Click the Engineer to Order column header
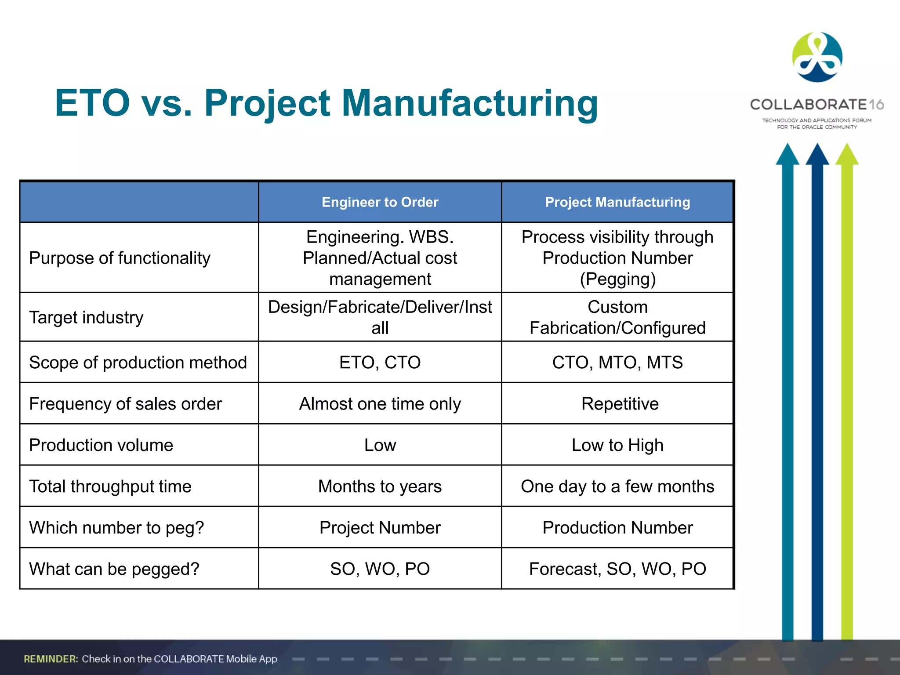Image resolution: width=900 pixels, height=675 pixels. coord(380,202)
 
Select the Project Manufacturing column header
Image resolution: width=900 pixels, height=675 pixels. coord(617,202)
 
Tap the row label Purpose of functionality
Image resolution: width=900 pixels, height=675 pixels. coord(120,258)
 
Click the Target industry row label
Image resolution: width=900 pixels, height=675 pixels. coord(86,317)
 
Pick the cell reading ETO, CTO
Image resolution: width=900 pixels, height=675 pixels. coord(380,363)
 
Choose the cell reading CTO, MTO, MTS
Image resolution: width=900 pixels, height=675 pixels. coord(617,363)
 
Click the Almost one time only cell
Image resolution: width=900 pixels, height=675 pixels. coord(380,404)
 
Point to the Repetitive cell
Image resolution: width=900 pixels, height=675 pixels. coord(620,404)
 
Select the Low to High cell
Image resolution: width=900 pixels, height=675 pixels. coord(617,445)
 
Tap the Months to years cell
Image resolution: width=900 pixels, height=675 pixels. coord(380,486)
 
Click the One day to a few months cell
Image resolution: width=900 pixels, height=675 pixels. coord(617,486)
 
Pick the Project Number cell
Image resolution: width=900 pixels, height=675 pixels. coord(380,528)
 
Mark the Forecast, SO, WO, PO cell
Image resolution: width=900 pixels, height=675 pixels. coord(617,569)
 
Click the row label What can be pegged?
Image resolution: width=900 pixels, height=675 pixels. coord(114,569)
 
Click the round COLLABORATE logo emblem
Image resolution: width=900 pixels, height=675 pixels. coord(817,57)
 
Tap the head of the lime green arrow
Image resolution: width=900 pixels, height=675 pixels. coord(847,155)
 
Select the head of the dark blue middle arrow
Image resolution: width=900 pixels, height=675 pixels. coord(817,155)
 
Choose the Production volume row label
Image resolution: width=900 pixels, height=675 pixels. coord(101,445)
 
